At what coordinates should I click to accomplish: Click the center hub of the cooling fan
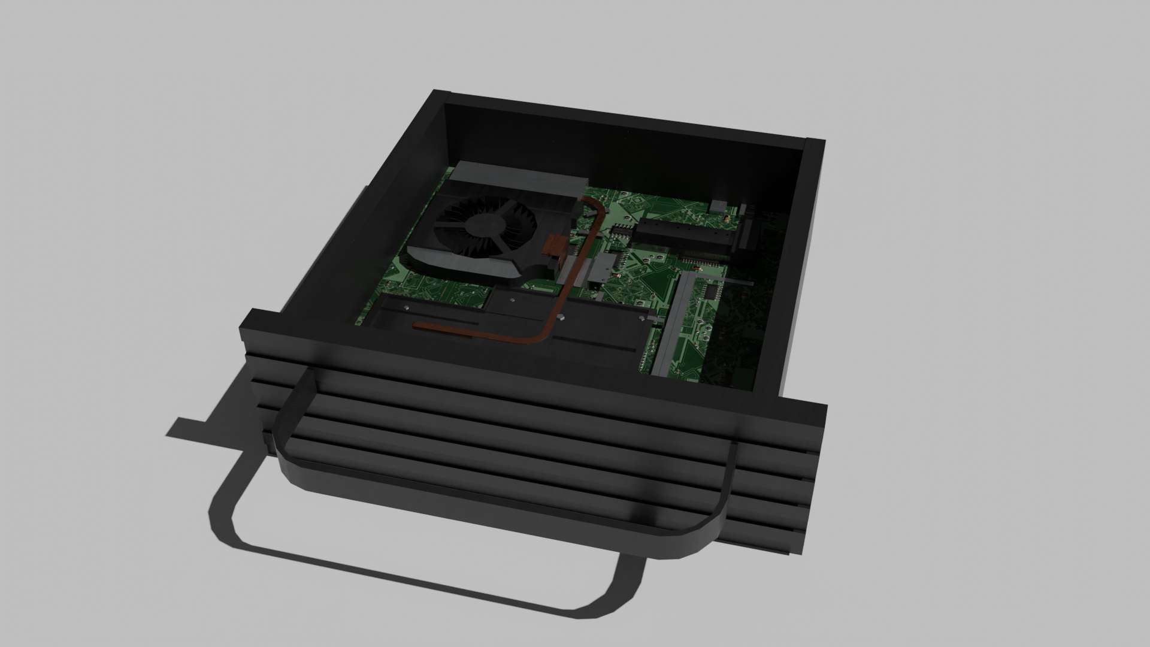click(x=482, y=224)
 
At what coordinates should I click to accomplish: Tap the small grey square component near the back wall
click(x=718, y=207)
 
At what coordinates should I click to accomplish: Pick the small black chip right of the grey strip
click(x=711, y=291)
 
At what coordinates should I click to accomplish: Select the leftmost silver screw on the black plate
click(x=407, y=308)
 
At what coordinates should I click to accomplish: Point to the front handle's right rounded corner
click(x=713, y=527)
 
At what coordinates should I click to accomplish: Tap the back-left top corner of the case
click(x=441, y=96)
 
